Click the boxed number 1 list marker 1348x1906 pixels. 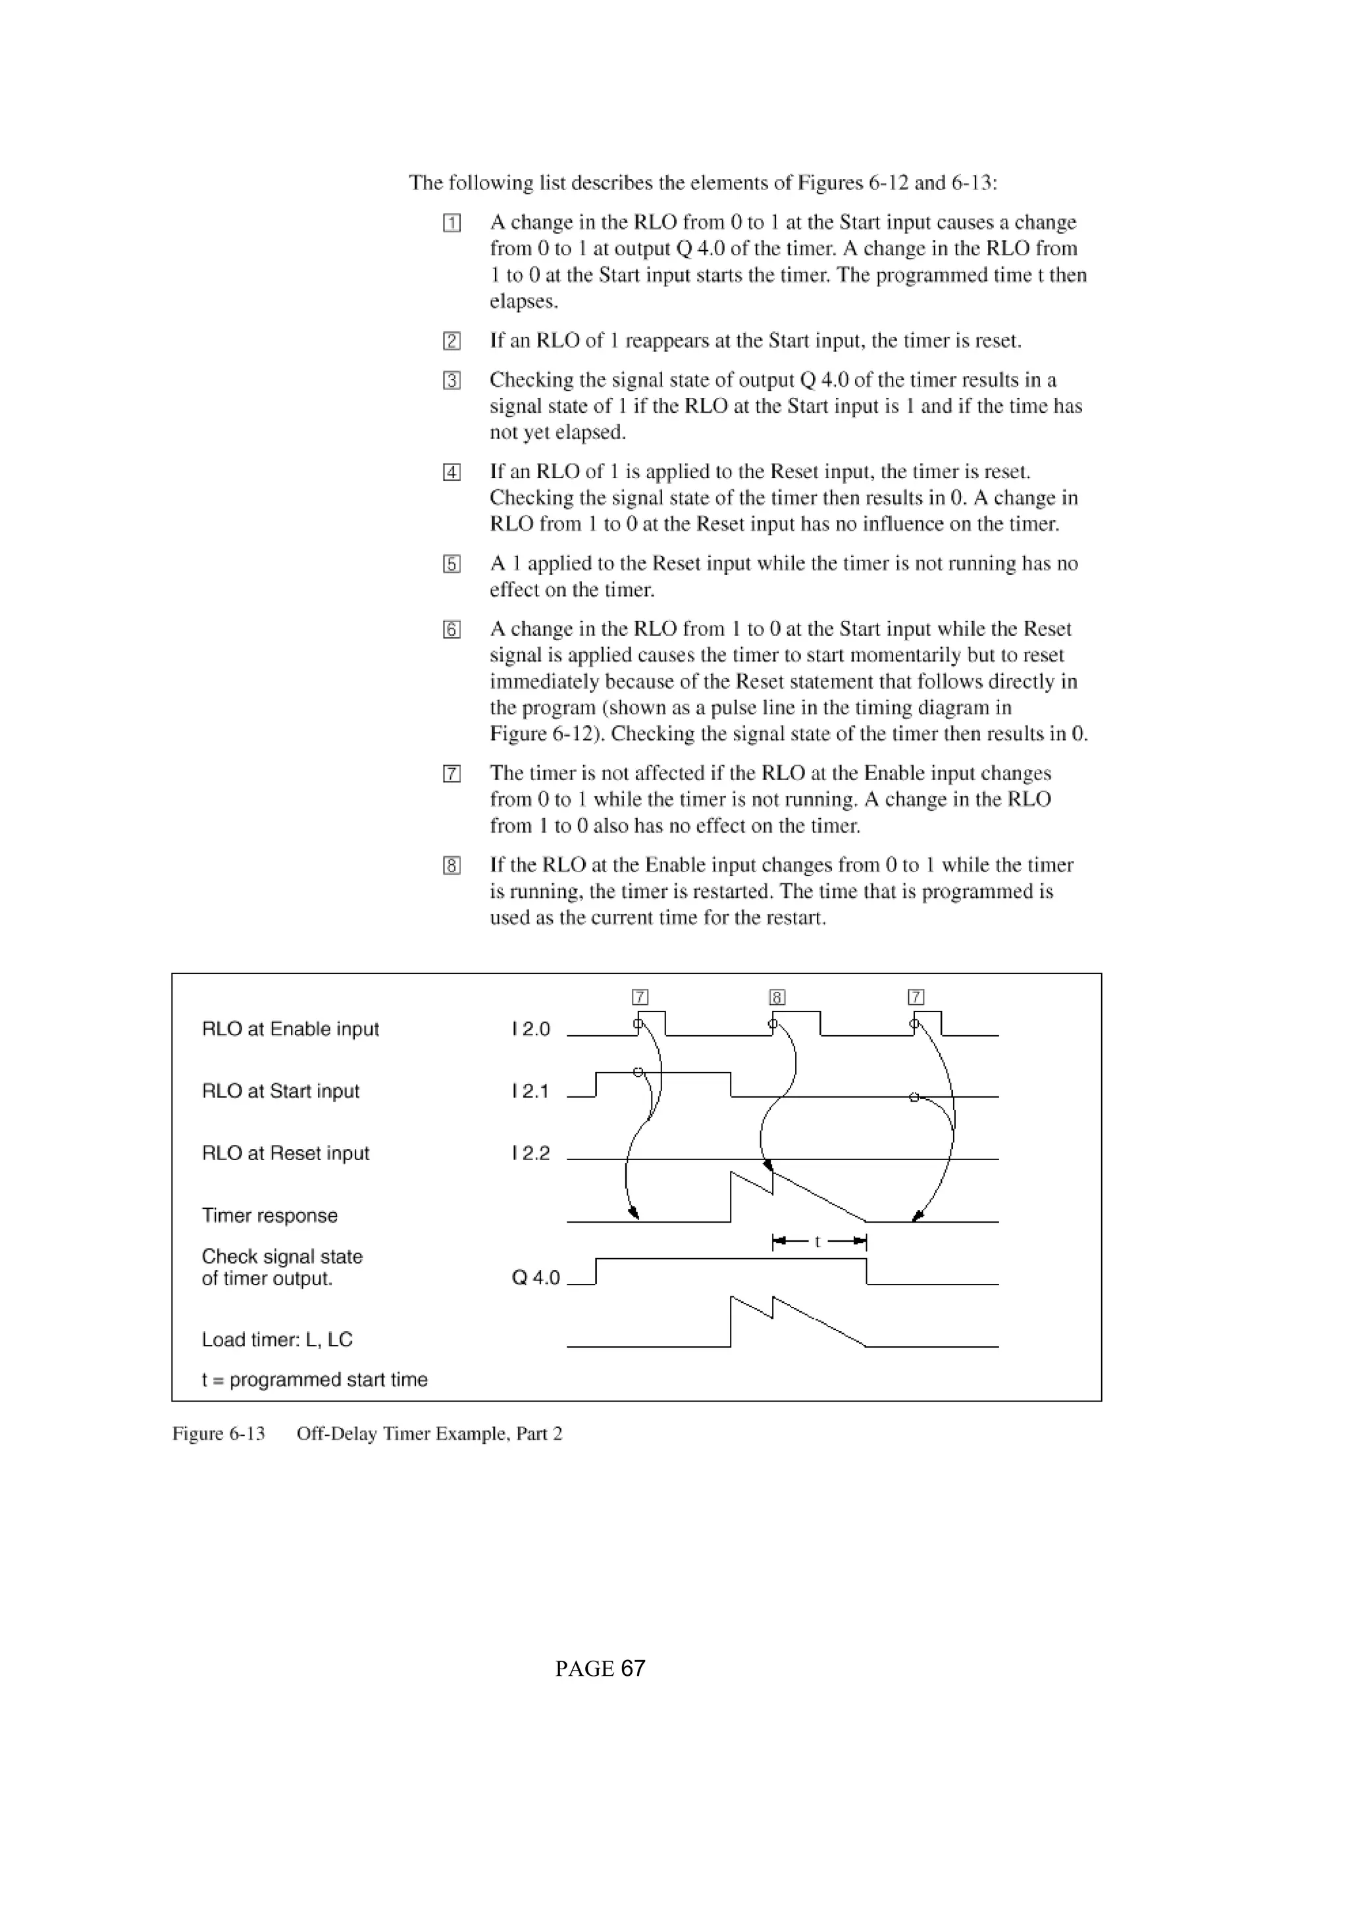click(452, 224)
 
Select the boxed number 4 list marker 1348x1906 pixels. click(452, 472)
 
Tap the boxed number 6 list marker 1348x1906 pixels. click(452, 630)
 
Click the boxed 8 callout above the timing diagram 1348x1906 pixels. click(777, 997)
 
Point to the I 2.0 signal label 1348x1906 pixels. click(531, 1029)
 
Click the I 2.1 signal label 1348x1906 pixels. click(531, 1092)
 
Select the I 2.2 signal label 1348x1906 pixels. click(531, 1154)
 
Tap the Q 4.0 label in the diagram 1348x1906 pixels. click(536, 1278)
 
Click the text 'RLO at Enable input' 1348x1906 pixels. click(290, 1029)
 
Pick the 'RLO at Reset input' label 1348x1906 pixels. click(285, 1154)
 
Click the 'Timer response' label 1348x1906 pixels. click(269, 1216)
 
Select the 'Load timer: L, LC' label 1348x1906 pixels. click(276, 1340)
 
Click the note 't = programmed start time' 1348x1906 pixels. click(314, 1380)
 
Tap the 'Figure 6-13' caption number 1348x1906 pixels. click(219, 1434)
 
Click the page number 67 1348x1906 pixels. click(633, 1669)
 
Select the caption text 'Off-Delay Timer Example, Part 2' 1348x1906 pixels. click(428, 1434)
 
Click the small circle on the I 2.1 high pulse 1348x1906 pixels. click(638, 1073)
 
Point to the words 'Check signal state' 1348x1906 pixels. click(282, 1257)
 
